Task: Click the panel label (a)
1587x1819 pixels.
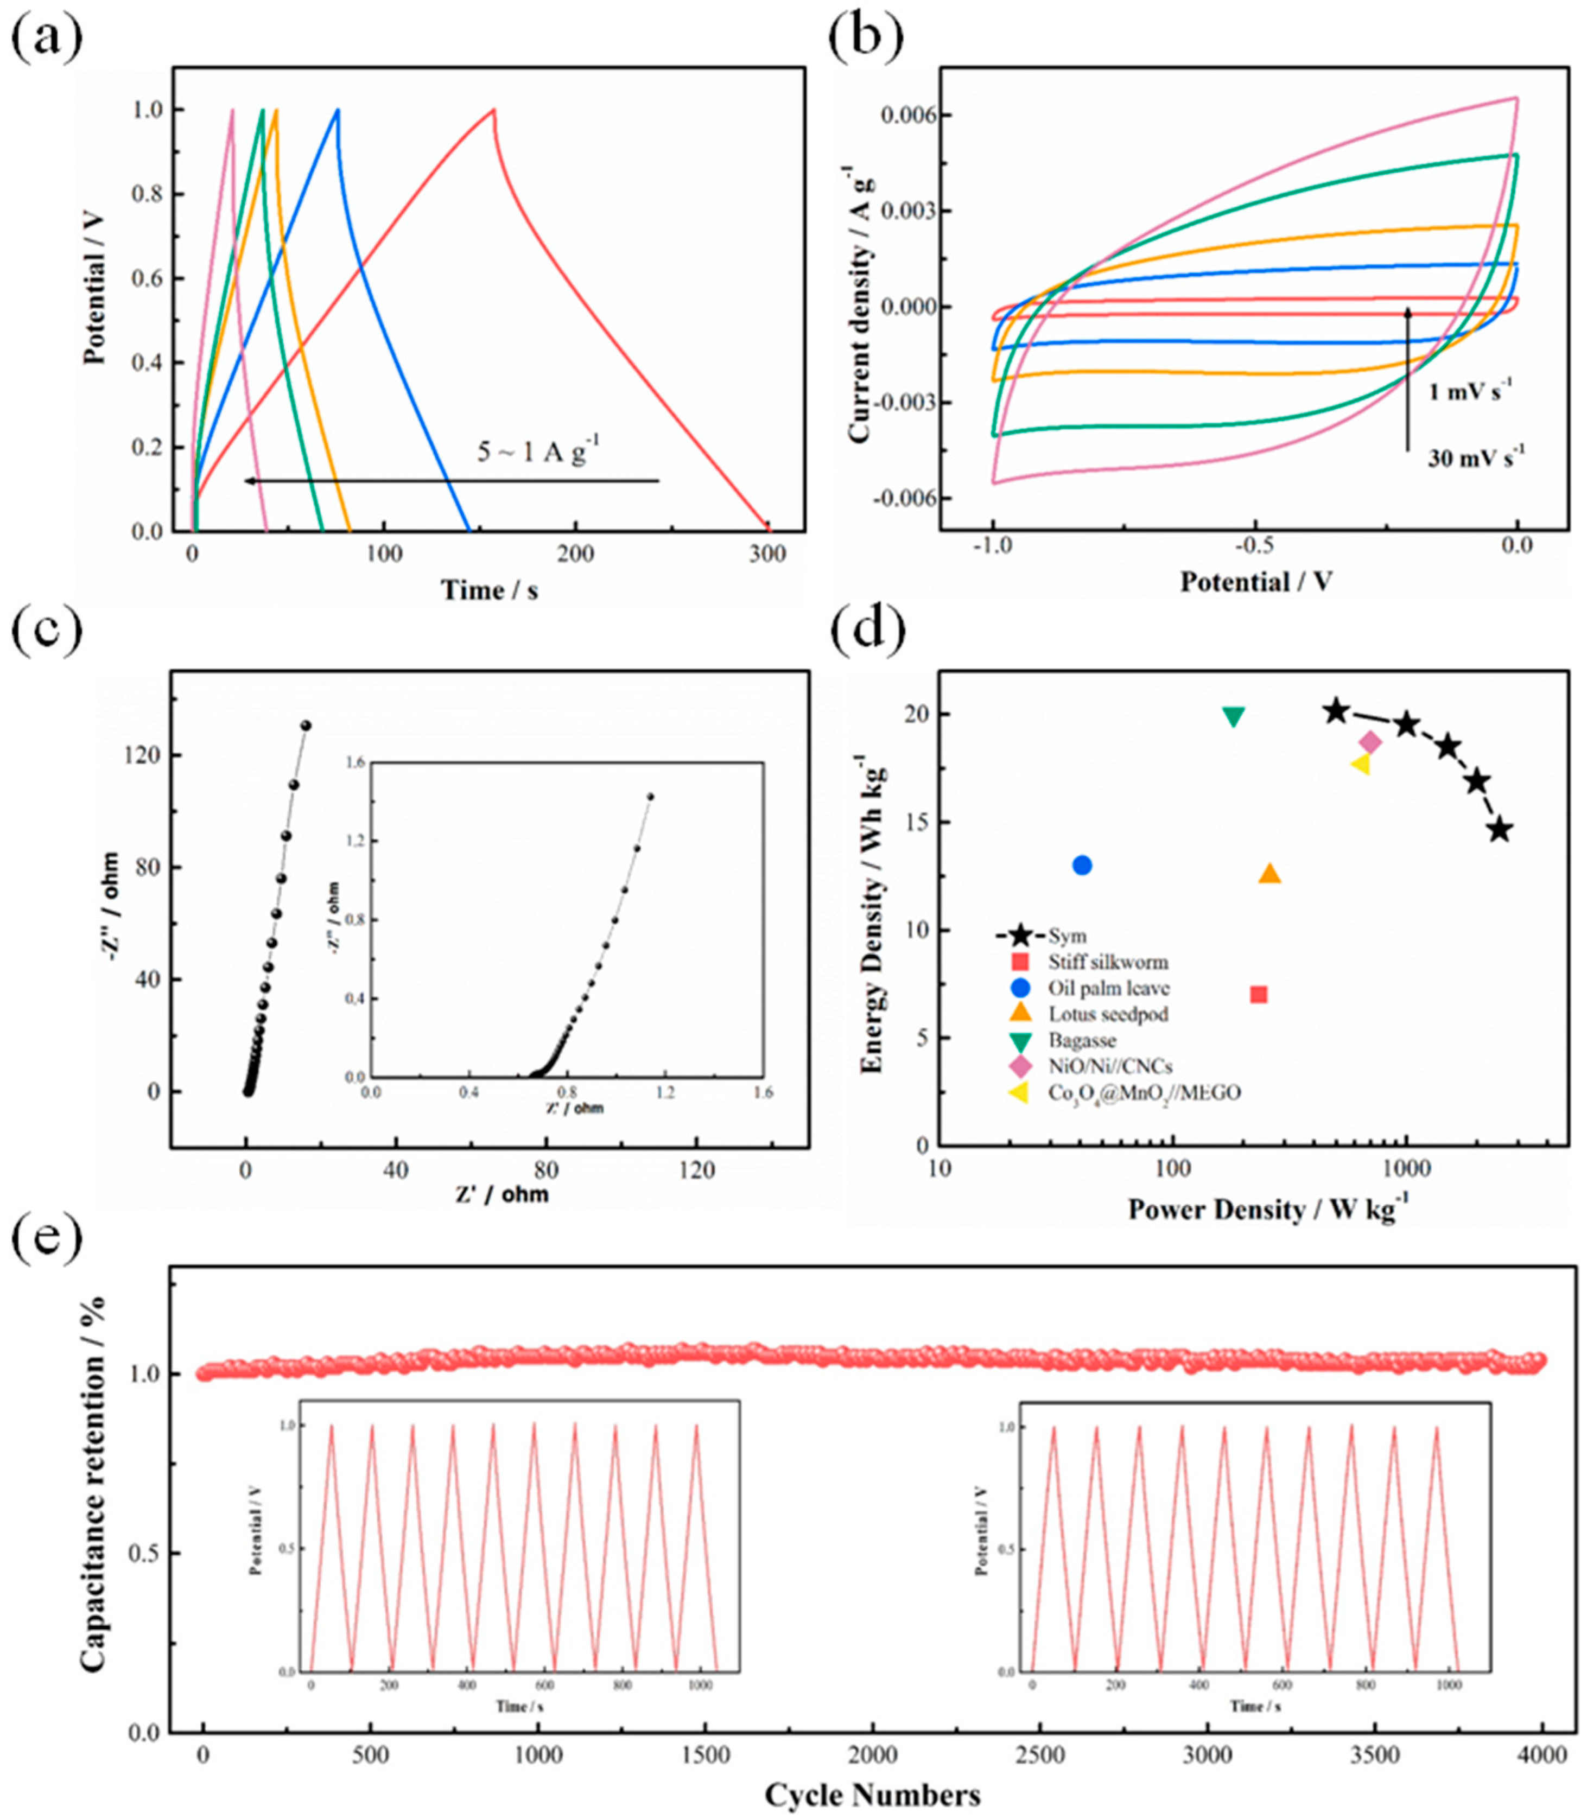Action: (x=46, y=37)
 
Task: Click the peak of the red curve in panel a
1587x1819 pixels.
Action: (x=494, y=110)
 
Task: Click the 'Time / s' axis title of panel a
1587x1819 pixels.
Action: (x=490, y=590)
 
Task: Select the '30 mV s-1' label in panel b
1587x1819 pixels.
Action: (x=1475, y=458)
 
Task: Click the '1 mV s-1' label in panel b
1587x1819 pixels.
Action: (x=1470, y=391)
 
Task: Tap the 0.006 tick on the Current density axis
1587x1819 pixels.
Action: (x=902, y=116)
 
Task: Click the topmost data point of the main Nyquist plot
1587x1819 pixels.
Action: (x=307, y=726)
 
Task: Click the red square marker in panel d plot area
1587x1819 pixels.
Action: (x=1259, y=995)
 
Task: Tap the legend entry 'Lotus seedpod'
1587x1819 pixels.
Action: (x=1107, y=1014)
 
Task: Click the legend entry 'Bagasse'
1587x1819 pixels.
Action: (x=1081, y=1041)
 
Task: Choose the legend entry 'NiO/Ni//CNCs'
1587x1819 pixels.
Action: (x=1110, y=1067)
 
